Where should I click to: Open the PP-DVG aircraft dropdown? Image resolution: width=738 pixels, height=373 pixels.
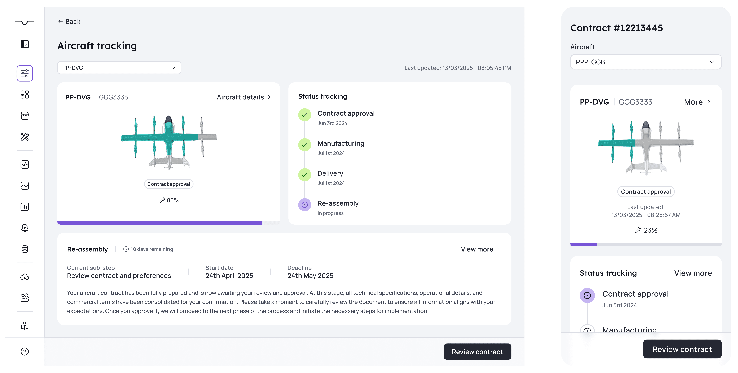(119, 68)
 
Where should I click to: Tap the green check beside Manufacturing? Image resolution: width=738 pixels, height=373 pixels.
(305, 145)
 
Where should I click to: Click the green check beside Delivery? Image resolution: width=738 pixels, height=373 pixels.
(305, 175)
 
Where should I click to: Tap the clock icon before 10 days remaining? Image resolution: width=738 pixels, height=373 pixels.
(126, 249)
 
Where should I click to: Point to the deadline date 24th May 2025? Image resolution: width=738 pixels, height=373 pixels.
(310, 276)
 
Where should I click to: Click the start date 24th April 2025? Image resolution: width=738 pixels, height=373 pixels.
(229, 276)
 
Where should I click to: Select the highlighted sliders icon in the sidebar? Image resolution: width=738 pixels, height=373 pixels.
(25, 73)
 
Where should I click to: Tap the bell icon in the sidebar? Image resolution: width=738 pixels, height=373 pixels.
(25, 228)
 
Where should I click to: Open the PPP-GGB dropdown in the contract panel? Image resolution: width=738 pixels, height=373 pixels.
(646, 62)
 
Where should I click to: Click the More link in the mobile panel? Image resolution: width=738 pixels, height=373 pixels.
(697, 102)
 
